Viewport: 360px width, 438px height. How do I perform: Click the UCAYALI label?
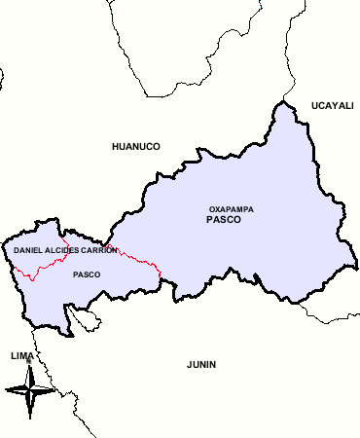click(333, 105)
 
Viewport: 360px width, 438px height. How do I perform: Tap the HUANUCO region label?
click(136, 146)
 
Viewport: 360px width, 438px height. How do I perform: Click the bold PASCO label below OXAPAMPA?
click(224, 221)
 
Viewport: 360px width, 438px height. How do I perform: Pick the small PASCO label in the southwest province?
click(87, 274)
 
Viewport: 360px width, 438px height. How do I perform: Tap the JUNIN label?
click(201, 365)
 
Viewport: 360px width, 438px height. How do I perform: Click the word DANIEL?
click(28, 251)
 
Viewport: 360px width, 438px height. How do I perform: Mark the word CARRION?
click(99, 251)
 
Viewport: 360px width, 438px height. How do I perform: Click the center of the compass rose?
click(31, 391)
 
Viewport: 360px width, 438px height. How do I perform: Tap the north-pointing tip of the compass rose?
click(31, 365)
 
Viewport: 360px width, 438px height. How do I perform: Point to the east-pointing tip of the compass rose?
click(55, 391)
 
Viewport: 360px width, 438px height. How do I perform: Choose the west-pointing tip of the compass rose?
click(6, 391)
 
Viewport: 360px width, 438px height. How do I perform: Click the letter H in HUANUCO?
click(116, 146)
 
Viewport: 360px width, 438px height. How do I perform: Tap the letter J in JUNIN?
click(189, 365)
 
